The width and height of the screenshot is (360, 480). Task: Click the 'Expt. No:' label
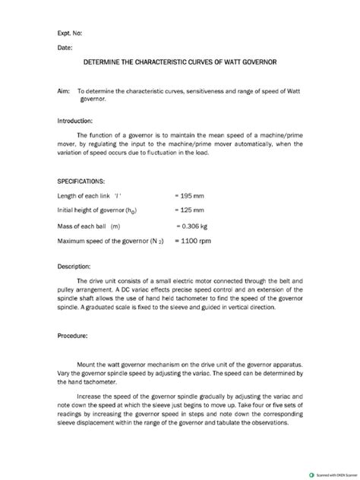click(x=71, y=33)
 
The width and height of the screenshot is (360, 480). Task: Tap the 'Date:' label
click(x=65, y=48)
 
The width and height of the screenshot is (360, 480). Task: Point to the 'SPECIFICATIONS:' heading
click(x=83, y=182)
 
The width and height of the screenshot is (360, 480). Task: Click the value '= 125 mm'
click(x=190, y=210)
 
